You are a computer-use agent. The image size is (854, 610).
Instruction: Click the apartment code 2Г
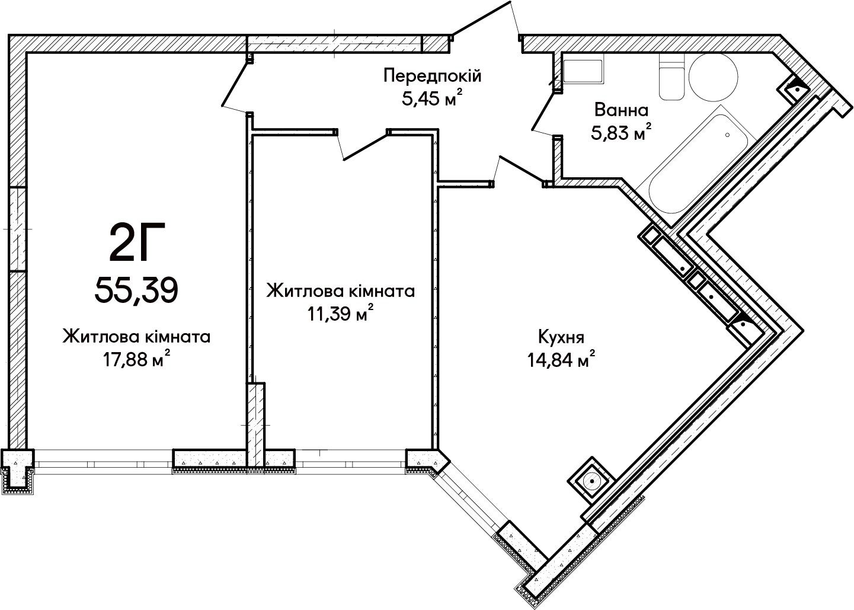tap(137, 242)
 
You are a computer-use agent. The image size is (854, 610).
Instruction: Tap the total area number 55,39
tap(136, 290)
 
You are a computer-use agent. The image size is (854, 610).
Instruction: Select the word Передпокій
tap(433, 75)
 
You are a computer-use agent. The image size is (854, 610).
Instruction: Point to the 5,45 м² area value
tap(433, 98)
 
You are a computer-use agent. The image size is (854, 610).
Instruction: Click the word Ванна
tap(622, 110)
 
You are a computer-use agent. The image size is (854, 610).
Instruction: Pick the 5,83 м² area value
tap(621, 133)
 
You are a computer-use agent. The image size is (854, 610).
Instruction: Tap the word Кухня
tap(561, 337)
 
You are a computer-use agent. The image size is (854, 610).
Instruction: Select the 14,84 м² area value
tap(561, 359)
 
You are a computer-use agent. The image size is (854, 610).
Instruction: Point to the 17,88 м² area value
tap(136, 359)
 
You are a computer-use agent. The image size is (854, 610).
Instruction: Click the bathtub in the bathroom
tap(702, 164)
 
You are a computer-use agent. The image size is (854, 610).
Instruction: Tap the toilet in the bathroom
tap(671, 76)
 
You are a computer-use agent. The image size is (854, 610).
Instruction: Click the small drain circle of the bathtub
tap(727, 135)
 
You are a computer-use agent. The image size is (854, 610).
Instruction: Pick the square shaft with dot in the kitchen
tap(591, 481)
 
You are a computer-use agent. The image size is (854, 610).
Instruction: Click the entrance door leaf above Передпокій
tap(481, 18)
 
